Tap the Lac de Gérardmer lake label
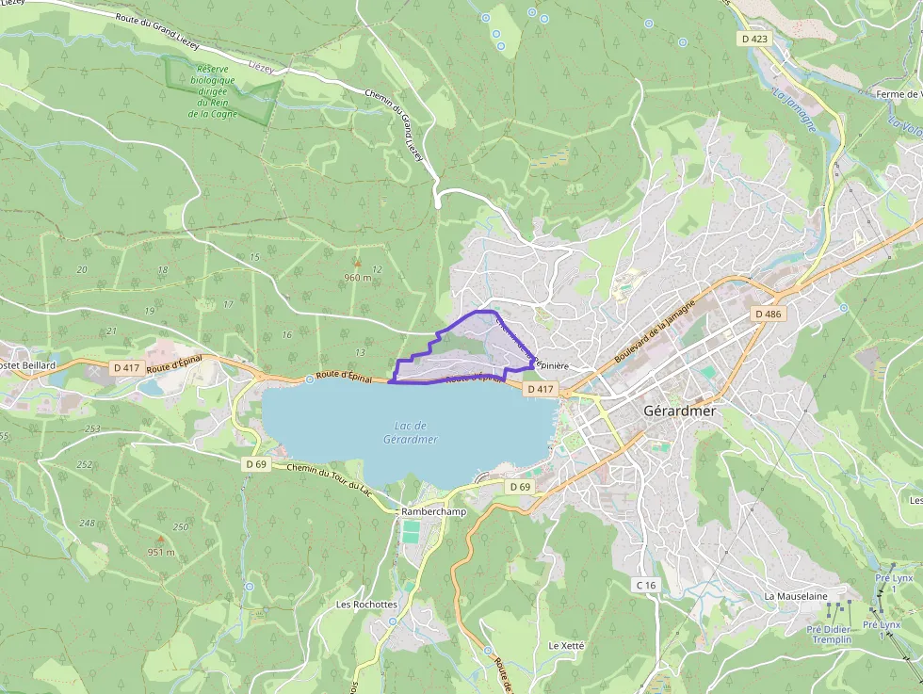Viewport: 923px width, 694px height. pyautogui.click(x=411, y=433)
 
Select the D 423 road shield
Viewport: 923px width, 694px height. pyautogui.click(x=754, y=40)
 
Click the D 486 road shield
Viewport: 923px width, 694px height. pyautogui.click(x=768, y=314)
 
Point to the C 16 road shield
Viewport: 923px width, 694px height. pyautogui.click(x=645, y=585)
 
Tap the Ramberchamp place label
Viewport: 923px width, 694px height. pyautogui.click(x=433, y=511)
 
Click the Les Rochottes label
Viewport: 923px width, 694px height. pyautogui.click(x=366, y=604)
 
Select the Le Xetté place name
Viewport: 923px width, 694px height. pyautogui.click(x=566, y=646)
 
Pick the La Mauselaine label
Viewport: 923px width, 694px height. pyautogui.click(x=796, y=596)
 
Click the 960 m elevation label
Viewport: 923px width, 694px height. pyautogui.click(x=358, y=278)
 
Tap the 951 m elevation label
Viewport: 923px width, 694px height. pyautogui.click(x=160, y=552)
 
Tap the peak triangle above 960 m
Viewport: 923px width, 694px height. pyautogui.click(x=356, y=263)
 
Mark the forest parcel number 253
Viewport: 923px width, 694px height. pyautogui.click(x=92, y=428)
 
